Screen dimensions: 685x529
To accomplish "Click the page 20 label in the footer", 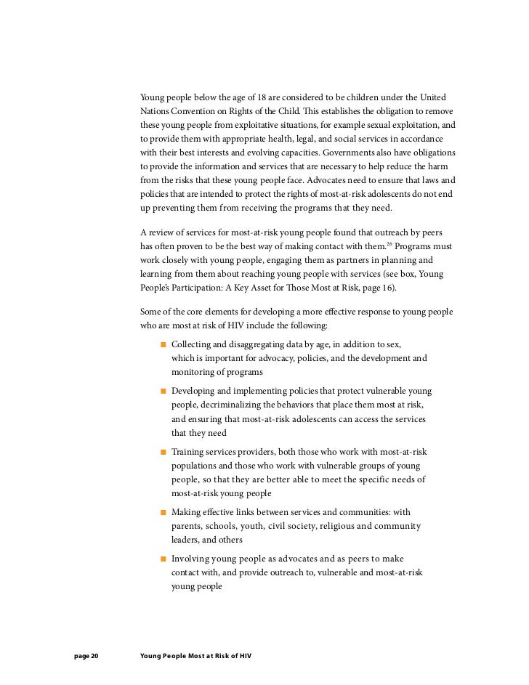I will point(86,655).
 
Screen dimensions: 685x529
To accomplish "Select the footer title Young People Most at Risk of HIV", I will point(194,655).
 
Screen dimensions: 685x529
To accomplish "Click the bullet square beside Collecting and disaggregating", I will point(163,343).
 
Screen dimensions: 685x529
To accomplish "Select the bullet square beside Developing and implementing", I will point(163,392).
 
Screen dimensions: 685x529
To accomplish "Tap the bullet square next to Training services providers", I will point(163,453).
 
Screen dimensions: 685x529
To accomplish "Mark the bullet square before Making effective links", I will point(163,514).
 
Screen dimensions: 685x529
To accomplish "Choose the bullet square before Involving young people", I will point(163,559).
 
